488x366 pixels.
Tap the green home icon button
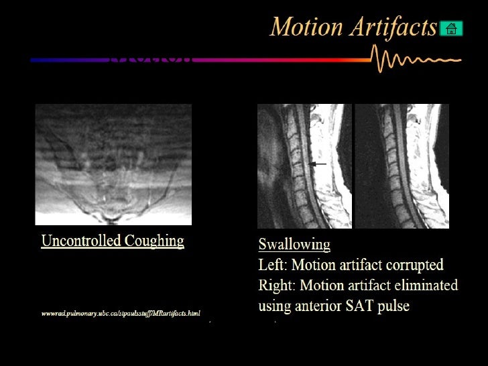(451, 28)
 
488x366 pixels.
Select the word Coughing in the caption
(156, 241)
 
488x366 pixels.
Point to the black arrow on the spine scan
(318, 164)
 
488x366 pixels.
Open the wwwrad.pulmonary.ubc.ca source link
(121, 313)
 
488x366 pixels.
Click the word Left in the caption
(271, 265)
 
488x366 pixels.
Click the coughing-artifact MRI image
(113, 164)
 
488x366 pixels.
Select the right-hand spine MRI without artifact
(402, 166)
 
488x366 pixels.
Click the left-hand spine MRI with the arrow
(304, 166)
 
